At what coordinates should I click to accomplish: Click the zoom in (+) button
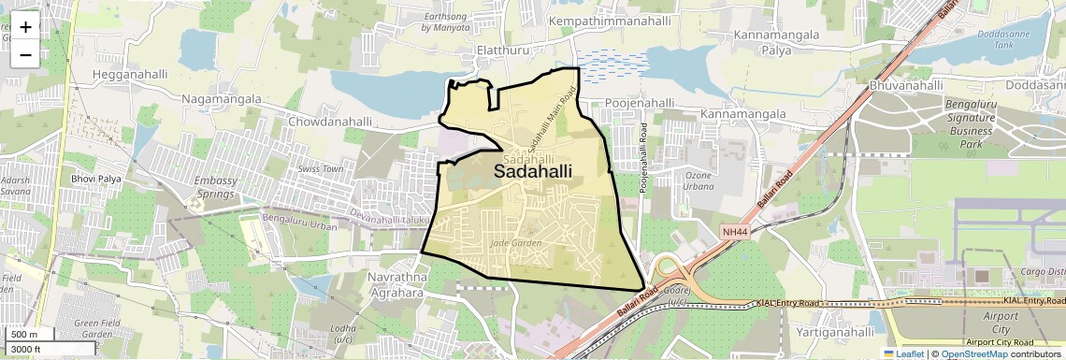(x=25, y=27)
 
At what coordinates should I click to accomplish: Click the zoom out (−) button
(x=25, y=55)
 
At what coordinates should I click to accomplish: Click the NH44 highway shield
(x=735, y=231)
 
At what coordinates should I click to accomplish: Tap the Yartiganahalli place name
(x=834, y=332)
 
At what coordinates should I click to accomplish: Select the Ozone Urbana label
(x=699, y=180)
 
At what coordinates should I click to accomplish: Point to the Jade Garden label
(x=515, y=243)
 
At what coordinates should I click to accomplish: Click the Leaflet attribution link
(x=904, y=354)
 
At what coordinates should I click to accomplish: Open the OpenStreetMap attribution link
(x=973, y=354)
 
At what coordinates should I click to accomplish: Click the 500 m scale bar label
(x=24, y=335)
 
